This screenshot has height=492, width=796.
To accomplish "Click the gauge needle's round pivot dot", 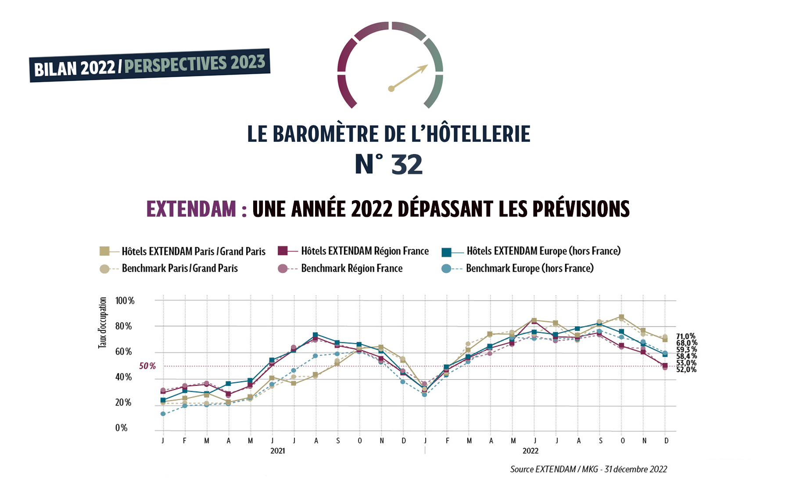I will [391, 89].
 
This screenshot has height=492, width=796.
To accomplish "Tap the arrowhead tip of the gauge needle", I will [427, 66].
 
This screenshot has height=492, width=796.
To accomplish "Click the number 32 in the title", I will [407, 165].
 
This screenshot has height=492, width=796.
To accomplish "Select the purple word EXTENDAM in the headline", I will [191, 209].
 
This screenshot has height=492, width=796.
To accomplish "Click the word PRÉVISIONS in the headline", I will [581, 209].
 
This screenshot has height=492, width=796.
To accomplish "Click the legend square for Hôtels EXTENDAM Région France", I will [283, 251].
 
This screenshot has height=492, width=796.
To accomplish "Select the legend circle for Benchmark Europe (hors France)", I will [446, 269].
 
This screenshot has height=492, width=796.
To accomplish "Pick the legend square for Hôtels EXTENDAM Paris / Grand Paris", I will [104, 251].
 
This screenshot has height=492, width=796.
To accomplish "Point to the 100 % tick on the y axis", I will [125, 301].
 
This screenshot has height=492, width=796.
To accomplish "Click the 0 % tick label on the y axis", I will [121, 428].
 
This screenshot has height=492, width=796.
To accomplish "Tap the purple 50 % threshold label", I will [147, 366].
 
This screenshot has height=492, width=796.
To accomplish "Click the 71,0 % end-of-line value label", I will [685, 336].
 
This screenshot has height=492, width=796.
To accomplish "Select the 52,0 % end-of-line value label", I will [686, 370].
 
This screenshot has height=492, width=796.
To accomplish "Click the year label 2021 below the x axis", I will [277, 451].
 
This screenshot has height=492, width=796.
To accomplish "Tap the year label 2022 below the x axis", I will [530, 451].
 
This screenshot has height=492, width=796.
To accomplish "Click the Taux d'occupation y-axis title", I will [102, 323].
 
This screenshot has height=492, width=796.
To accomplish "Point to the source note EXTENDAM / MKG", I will [588, 469].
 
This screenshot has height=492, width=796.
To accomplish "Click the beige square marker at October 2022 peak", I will [621, 317].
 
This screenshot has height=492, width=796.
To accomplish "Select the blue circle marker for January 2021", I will [163, 414].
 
